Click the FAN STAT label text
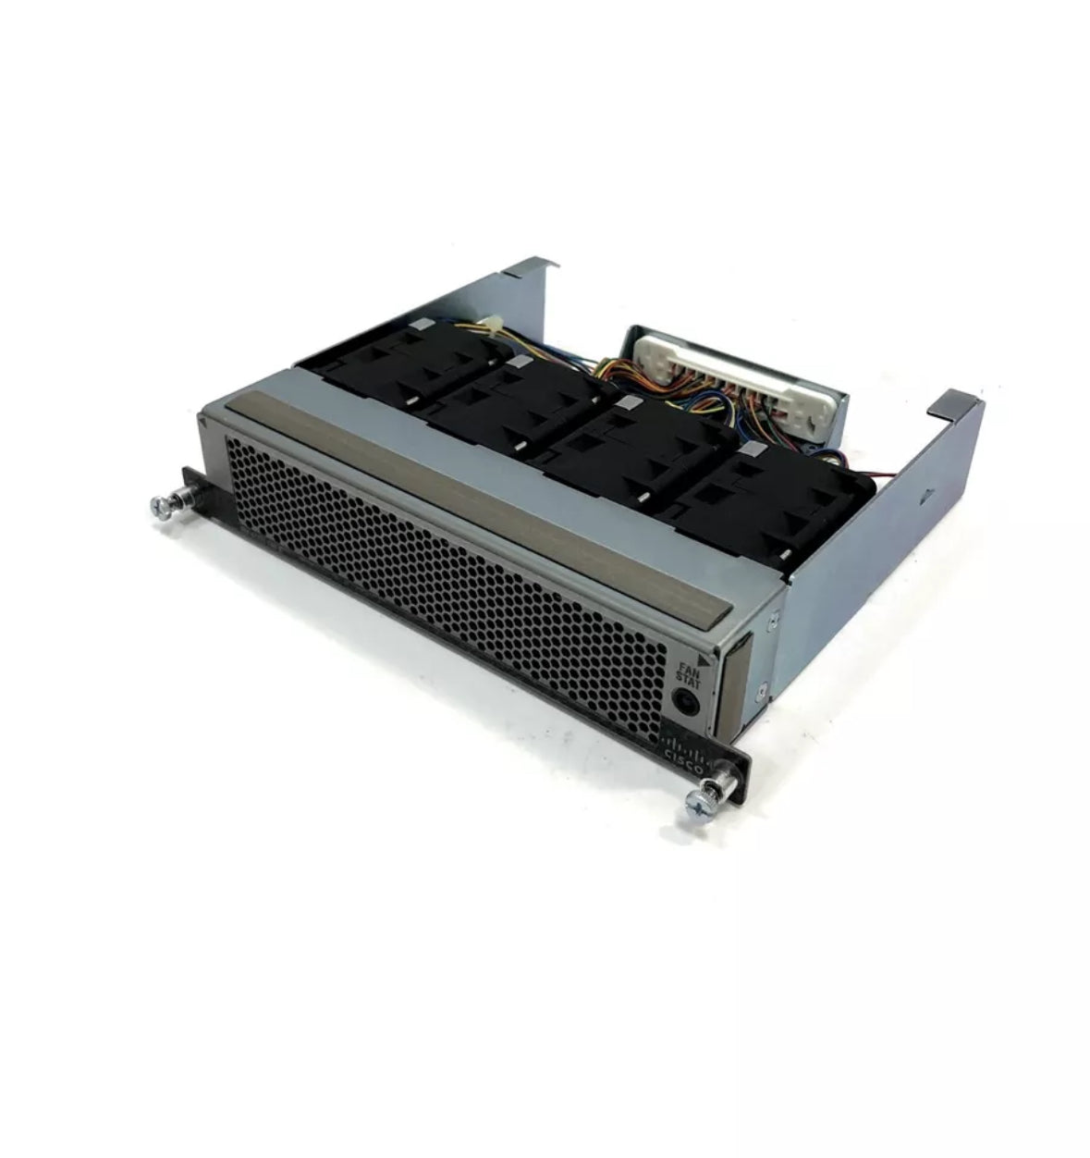[685, 672]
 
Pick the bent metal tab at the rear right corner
[958, 407]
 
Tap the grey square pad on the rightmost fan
[752, 450]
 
